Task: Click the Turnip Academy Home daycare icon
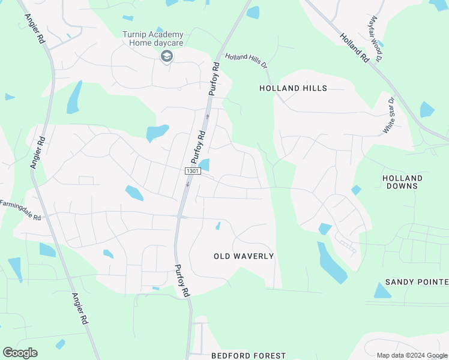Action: pos(166,56)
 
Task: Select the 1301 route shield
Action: pos(192,171)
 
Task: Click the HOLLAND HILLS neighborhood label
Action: pos(293,88)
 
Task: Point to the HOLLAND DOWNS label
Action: pos(402,182)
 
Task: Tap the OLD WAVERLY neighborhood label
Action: pos(244,256)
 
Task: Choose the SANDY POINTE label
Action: pos(417,281)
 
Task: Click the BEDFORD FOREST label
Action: pos(249,356)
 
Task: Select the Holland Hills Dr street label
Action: pos(246,62)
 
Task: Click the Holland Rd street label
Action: pos(354,48)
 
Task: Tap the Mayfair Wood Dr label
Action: pos(376,39)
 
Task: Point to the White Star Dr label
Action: pos(390,115)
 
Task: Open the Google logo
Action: pos(20,353)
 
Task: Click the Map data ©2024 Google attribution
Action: pos(412,355)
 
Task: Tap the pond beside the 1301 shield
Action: pos(205,165)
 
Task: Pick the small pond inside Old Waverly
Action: pos(218,226)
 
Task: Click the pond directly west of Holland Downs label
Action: pos(357,190)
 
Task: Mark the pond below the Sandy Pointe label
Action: pos(382,292)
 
